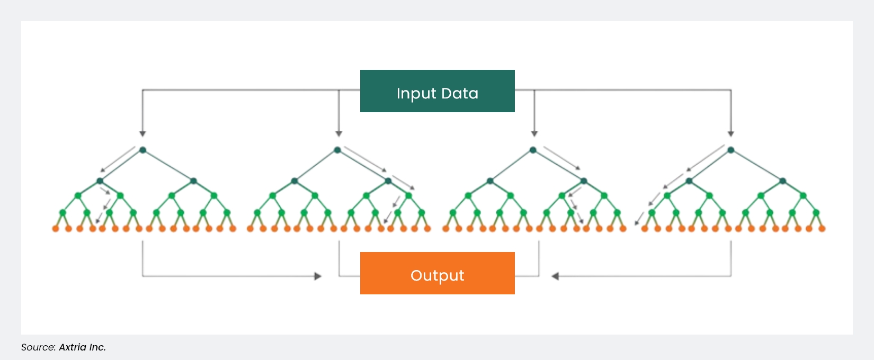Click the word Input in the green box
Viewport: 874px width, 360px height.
[x=416, y=94]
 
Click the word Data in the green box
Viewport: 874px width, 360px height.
[x=459, y=93]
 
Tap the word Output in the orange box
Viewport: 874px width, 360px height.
[x=437, y=275]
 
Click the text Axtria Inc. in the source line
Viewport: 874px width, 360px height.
[x=82, y=347]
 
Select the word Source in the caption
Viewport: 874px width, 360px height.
[x=38, y=347]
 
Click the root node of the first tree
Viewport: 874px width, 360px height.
[x=142, y=150]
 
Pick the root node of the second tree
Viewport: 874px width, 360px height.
[x=337, y=150]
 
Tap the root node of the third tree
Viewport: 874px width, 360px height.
[x=533, y=150]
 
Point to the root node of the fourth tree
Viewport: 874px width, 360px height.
[x=730, y=150]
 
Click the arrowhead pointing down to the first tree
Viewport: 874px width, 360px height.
[x=142, y=134]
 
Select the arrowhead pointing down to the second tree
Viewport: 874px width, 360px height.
[x=339, y=134]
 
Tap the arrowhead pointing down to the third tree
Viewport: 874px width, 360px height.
[x=534, y=134]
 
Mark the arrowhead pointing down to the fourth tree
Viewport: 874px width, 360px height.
[x=731, y=134]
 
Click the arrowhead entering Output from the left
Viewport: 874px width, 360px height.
[x=318, y=276]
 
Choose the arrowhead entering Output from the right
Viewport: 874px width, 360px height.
[x=555, y=276]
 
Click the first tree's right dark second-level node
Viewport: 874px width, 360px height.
[x=193, y=181]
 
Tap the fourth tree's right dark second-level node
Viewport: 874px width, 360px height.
[x=782, y=181]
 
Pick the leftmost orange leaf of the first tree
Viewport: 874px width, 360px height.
[x=55, y=229]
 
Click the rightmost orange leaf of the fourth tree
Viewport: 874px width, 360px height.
[x=822, y=229]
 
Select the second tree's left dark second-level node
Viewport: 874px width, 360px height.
[x=295, y=181]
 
